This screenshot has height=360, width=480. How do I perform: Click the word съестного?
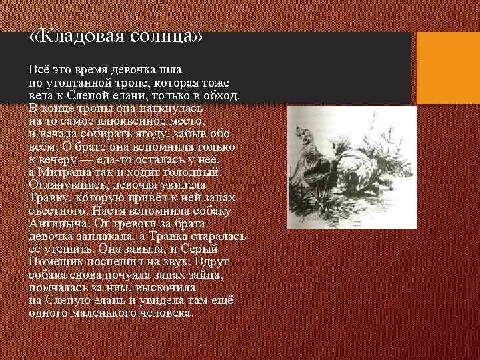pos(59,210)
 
